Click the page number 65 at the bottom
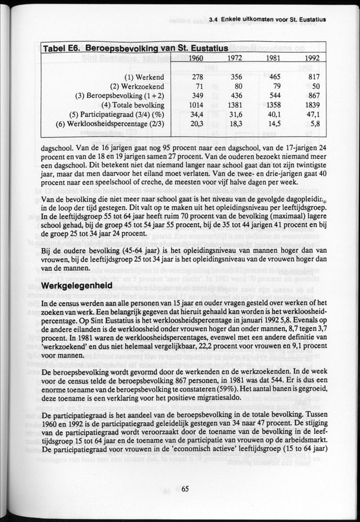pos(185,488)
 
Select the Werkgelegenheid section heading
pos(78,284)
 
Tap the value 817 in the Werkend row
pos(313,77)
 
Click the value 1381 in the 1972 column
pos(232,105)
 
